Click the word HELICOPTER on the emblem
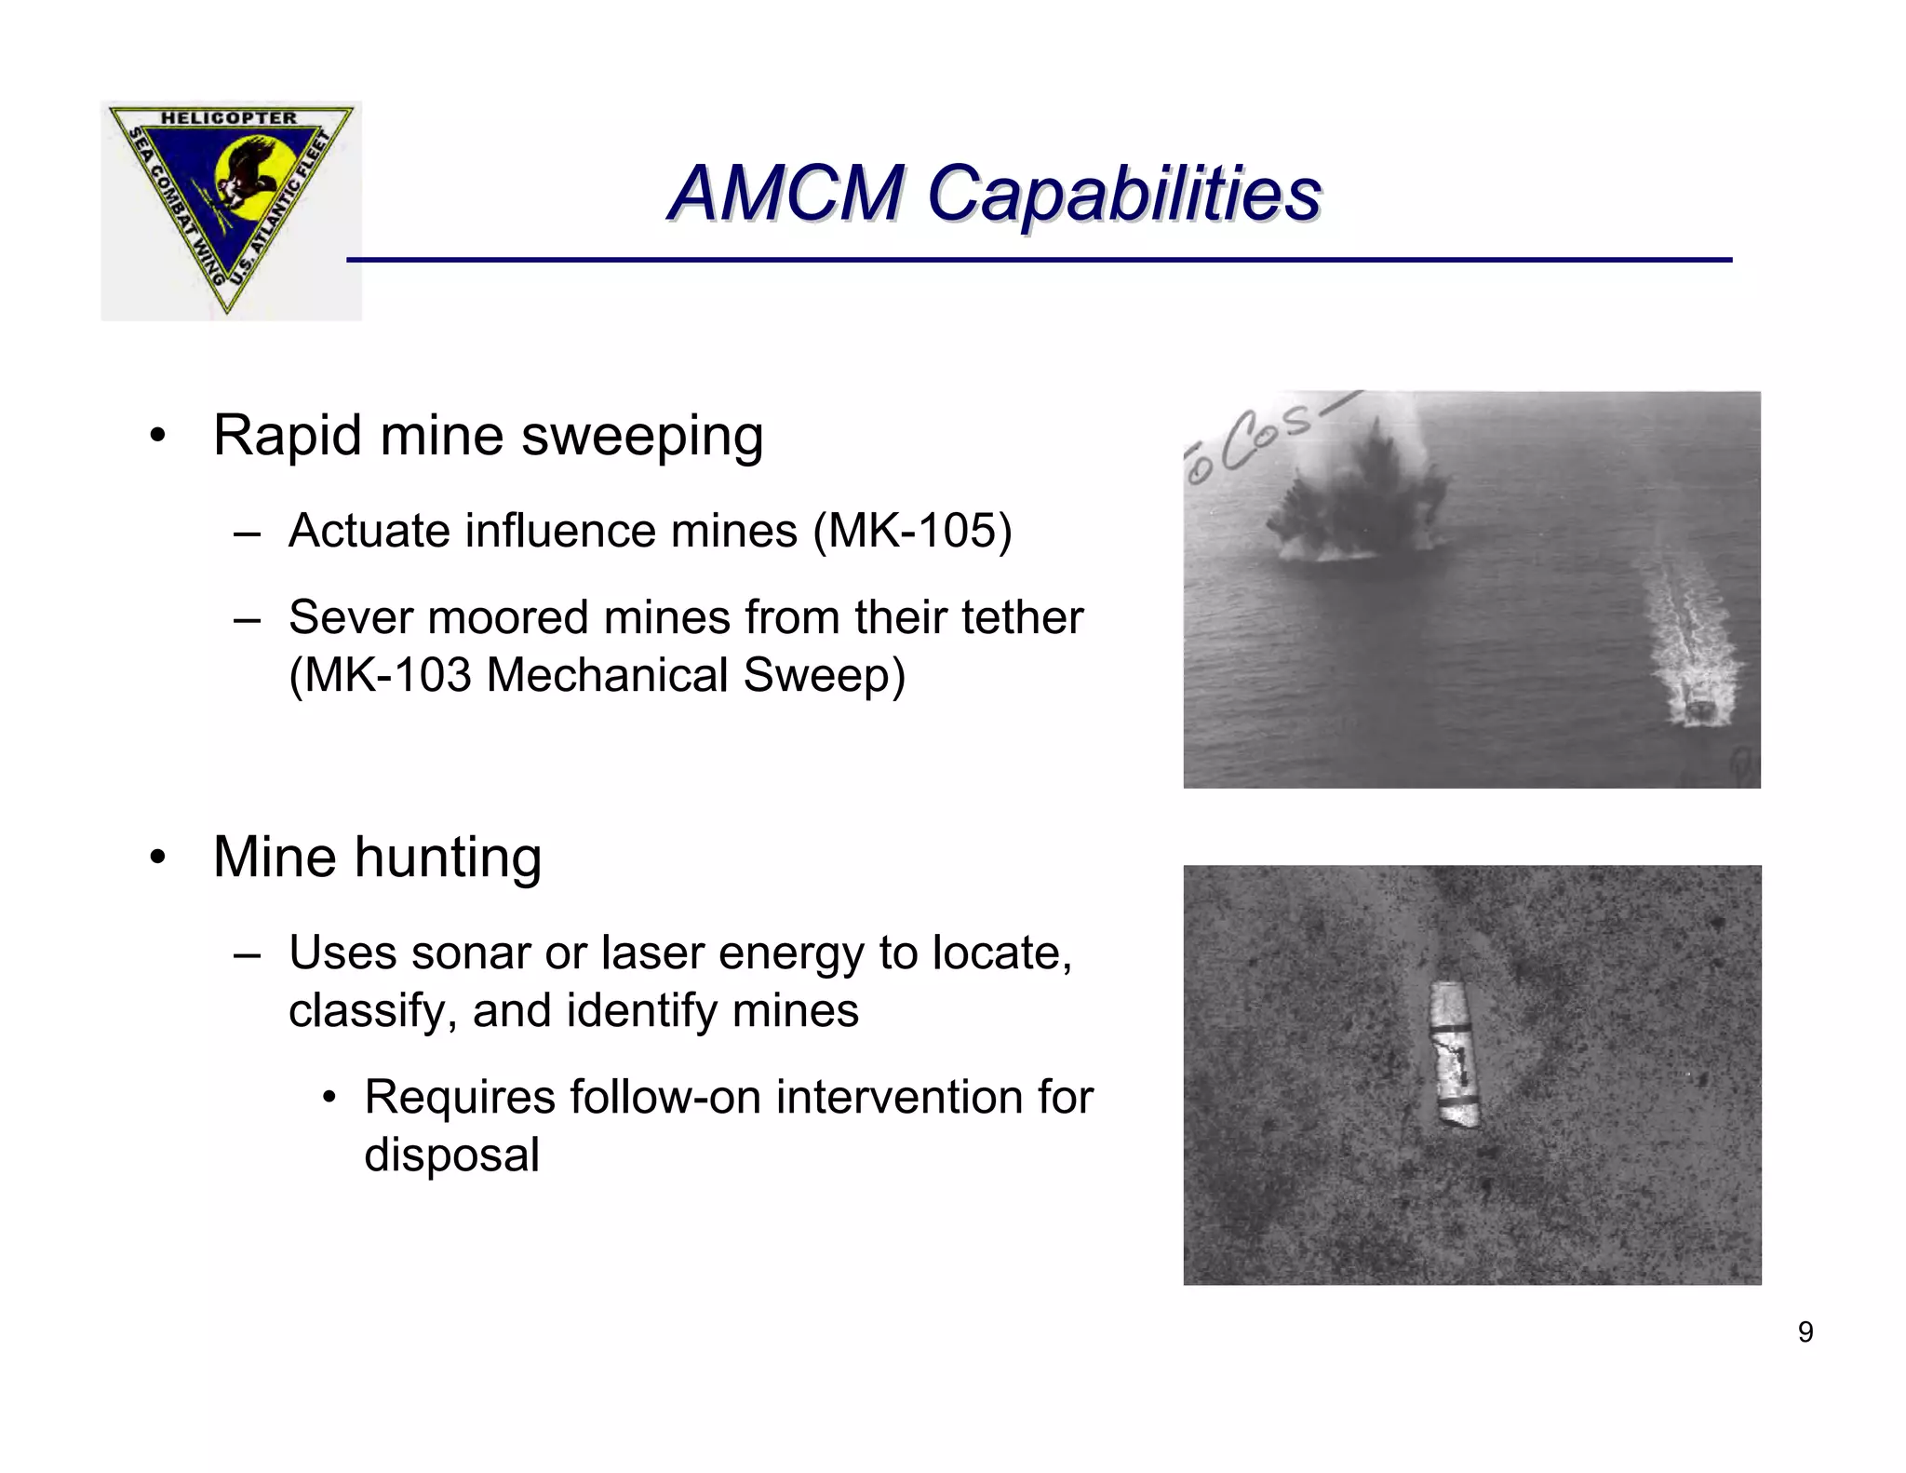(x=229, y=118)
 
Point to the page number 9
(x=1805, y=1332)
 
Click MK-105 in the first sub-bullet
(x=911, y=531)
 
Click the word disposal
(x=451, y=1155)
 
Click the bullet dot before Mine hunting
(x=158, y=858)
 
